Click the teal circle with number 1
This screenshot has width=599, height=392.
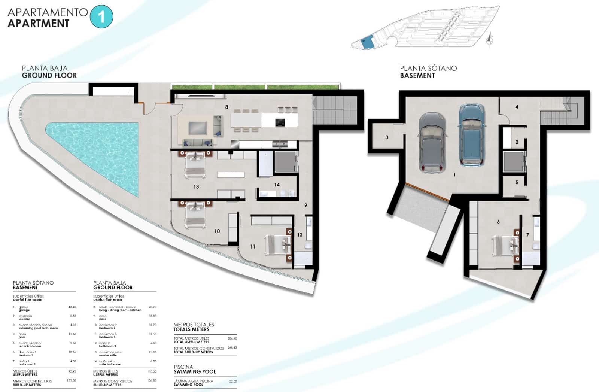point(101,17)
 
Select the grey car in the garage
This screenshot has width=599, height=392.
point(432,142)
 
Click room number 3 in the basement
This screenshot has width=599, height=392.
point(387,137)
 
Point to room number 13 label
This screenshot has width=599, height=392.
point(196,186)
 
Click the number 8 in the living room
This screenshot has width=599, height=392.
point(226,107)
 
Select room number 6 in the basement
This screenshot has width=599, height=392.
point(498,222)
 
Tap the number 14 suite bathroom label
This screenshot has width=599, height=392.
point(277,185)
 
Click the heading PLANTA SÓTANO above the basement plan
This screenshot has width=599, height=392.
point(428,68)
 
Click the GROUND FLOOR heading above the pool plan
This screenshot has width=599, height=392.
point(49,75)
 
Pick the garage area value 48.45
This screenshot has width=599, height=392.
point(72,307)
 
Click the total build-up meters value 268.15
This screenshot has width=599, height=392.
point(232,348)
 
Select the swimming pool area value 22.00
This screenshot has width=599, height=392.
point(233,381)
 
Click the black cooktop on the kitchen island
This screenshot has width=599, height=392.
point(280,122)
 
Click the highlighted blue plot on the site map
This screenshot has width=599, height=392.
point(368,42)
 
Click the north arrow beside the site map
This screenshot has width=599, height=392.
point(490,39)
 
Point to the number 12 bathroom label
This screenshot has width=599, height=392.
point(299,235)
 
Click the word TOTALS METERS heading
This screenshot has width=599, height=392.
point(191,329)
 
